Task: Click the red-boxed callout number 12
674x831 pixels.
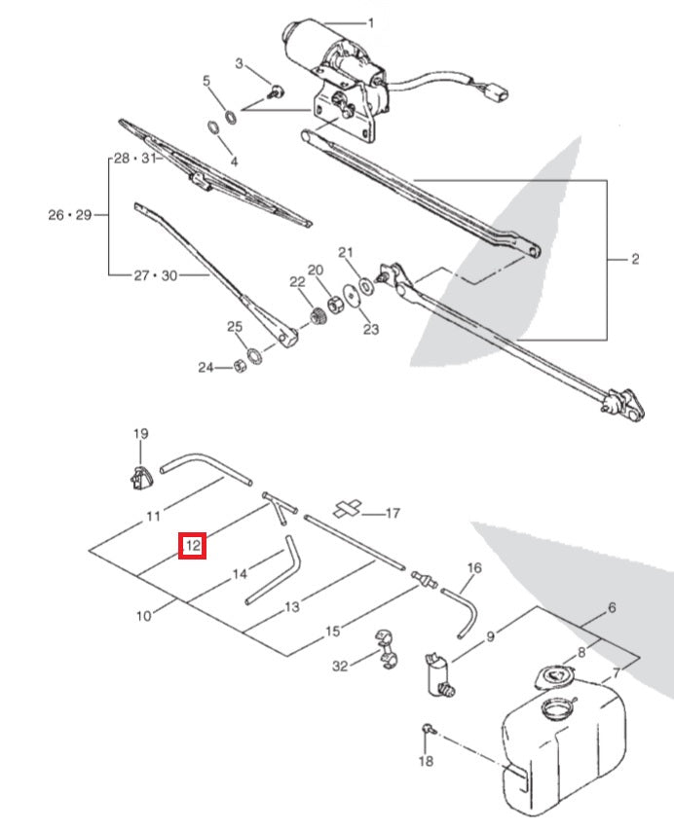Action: coord(193,546)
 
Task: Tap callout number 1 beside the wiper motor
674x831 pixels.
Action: coord(370,21)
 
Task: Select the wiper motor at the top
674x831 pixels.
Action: coord(317,44)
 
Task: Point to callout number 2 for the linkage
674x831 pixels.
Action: coord(634,259)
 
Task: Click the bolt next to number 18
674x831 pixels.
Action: coord(428,729)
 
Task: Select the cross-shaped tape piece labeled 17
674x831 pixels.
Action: coord(347,509)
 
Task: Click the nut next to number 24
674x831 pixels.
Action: coord(237,367)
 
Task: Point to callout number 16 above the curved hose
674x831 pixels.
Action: coord(474,568)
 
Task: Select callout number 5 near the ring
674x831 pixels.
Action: coord(206,82)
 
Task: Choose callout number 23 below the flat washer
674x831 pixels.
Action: coord(371,329)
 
